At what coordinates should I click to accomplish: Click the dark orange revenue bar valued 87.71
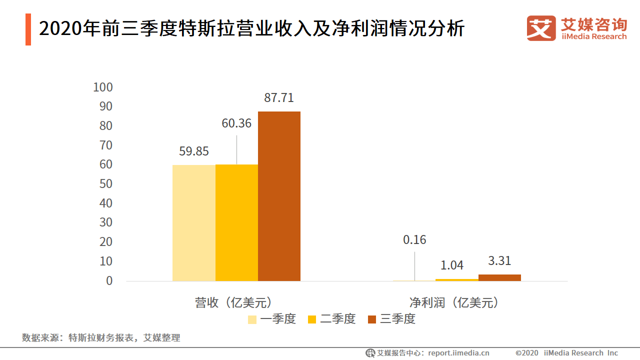[x=279, y=196]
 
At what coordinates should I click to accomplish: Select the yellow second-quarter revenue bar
[x=236, y=222]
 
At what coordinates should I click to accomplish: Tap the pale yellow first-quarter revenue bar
[x=194, y=223]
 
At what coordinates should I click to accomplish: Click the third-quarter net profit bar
[x=499, y=277]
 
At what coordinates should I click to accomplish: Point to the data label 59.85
[x=194, y=151]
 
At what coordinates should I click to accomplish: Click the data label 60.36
[x=236, y=123]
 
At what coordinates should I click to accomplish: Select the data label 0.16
[x=414, y=240]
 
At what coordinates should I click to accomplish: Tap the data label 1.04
[x=452, y=265]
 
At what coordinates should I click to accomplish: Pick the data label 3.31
[x=499, y=261]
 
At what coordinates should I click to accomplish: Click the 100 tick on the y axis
[x=103, y=87]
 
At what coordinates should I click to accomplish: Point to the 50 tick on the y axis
[x=105, y=184]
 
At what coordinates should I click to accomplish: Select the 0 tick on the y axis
[x=109, y=281]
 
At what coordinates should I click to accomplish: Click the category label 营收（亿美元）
[x=236, y=302]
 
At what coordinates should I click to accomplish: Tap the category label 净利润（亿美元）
[x=454, y=302]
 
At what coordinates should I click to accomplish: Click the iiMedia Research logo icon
[x=541, y=28]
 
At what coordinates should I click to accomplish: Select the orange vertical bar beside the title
[x=28, y=29]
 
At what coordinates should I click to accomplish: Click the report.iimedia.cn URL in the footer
[x=458, y=353]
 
